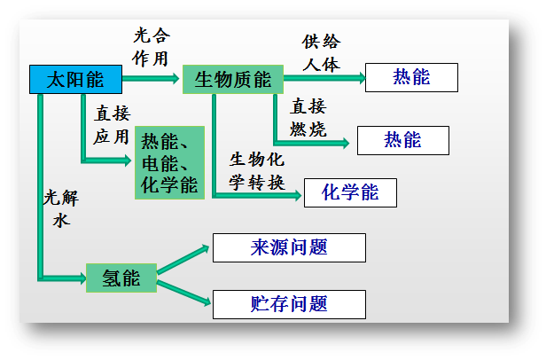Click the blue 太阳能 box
tap(74, 80)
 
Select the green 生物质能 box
tap(232, 80)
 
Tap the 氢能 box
tap(121, 278)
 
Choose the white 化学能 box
tap(350, 192)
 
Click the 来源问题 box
tap(289, 248)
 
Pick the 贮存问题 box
tap(289, 304)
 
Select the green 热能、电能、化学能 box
tap(169, 162)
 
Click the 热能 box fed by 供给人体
tap(411, 78)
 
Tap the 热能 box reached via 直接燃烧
tap(402, 140)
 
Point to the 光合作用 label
tap(151, 47)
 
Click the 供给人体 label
tap(321, 53)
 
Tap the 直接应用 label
tap(112, 126)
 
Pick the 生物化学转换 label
tap(257, 171)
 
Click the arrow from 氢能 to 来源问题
tap(183, 258)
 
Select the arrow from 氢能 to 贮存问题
tap(183, 293)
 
